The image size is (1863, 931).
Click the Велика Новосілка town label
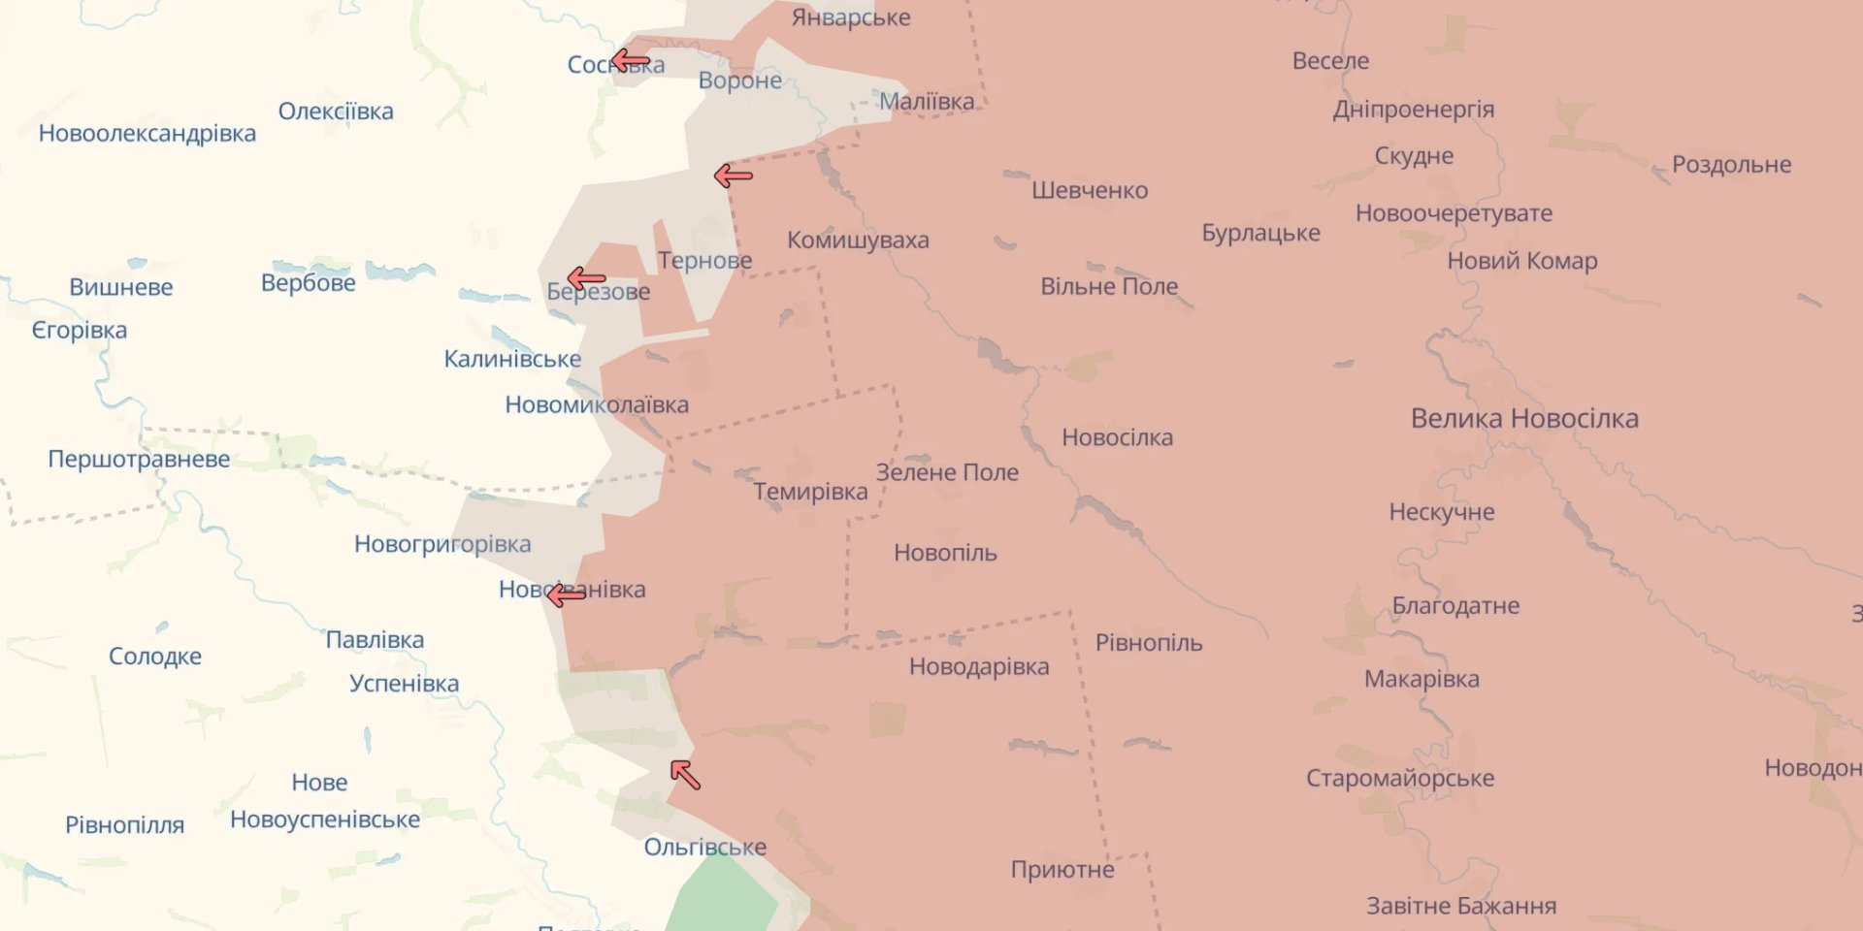[1524, 419]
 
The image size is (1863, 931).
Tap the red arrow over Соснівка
[631, 62]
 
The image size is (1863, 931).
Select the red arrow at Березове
[586, 279]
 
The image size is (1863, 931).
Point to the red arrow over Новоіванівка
[566, 594]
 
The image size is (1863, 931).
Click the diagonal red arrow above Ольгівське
[685, 775]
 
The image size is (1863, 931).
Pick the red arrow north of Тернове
[734, 176]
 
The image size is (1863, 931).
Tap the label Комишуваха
[858, 240]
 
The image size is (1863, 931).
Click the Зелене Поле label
[947, 472]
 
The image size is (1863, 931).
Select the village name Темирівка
[810, 492]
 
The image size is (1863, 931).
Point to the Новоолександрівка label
[147, 133]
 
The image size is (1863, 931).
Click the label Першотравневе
[139, 459]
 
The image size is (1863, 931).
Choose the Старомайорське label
[1399, 778]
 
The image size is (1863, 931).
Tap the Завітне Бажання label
[1461, 906]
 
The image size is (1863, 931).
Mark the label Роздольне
[1731, 165]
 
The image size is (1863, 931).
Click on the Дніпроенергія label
[1413, 109]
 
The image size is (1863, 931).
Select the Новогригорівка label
[442, 544]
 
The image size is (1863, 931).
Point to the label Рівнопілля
[124, 825]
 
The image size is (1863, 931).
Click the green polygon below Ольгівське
[723, 897]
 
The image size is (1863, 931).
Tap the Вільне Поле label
[1109, 287]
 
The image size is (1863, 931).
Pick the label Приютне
[1062, 870]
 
